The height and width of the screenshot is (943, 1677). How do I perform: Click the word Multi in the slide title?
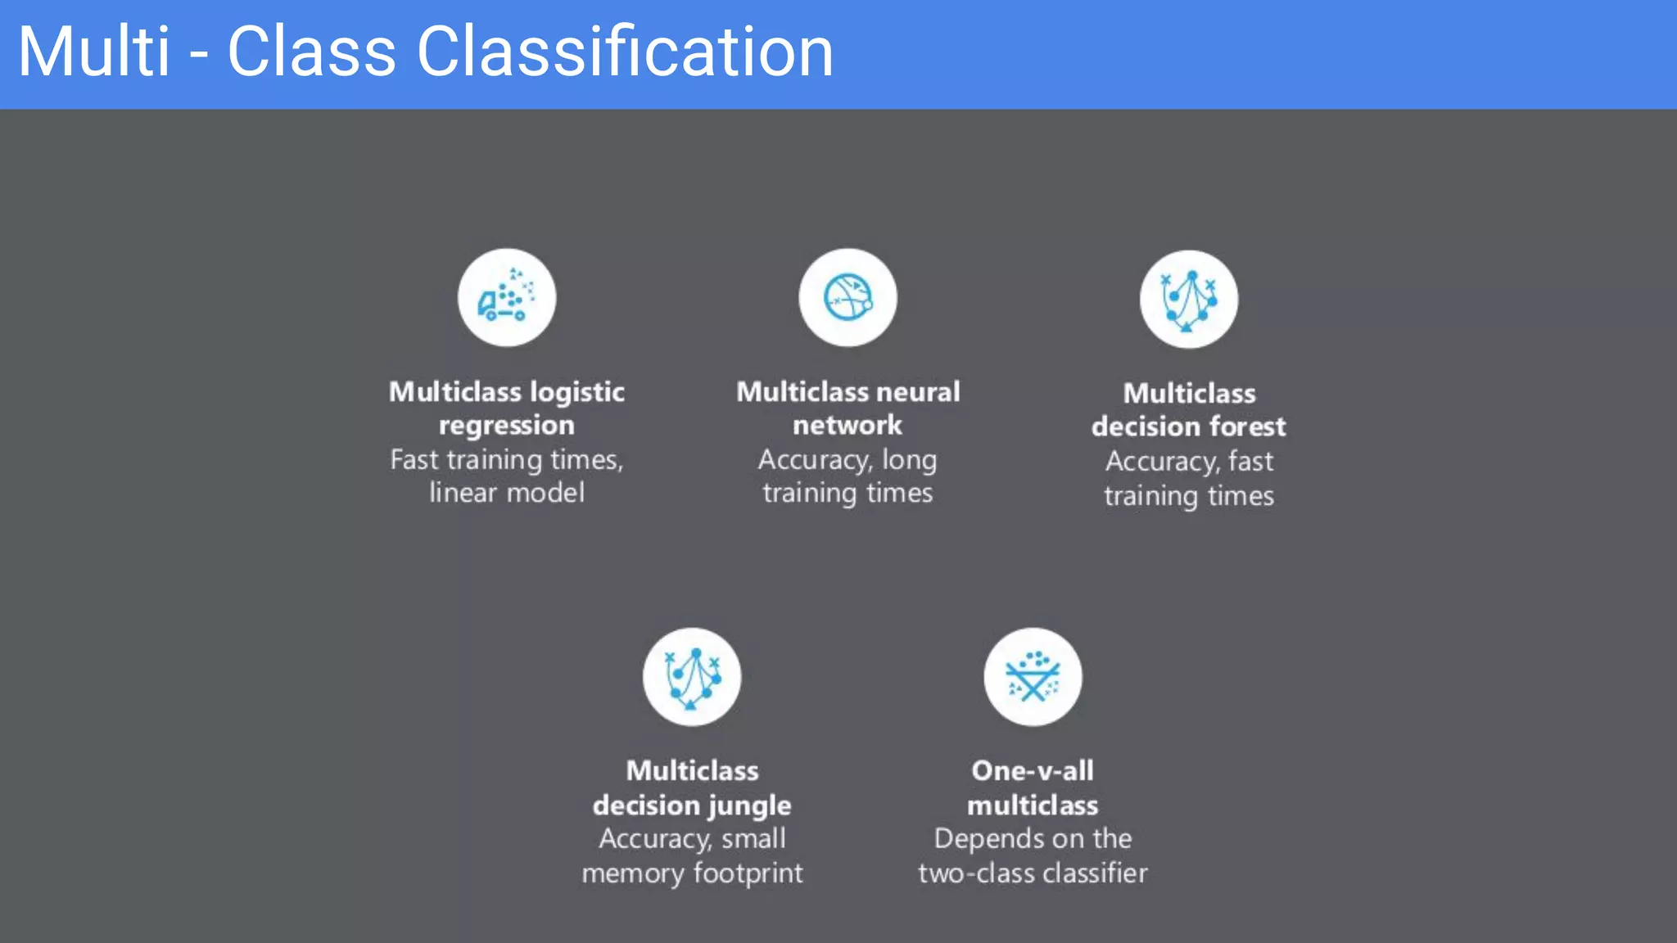click(x=93, y=52)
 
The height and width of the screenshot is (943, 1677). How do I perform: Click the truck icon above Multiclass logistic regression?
click(x=506, y=298)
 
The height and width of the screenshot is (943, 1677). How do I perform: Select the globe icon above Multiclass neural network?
click(x=848, y=298)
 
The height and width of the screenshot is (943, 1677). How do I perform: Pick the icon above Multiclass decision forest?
click(x=1188, y=300)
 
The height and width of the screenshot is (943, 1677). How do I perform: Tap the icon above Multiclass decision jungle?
click(x=692, y=677)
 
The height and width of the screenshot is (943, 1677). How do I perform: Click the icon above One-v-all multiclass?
click(x=1033, y=677)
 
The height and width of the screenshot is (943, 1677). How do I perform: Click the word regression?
click(x=506, y=426)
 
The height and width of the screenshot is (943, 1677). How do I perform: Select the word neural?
click(x=918, y=392)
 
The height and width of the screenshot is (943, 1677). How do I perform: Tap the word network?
click(x=848, y=426)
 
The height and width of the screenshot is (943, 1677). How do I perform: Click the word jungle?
click(x=750, y=806)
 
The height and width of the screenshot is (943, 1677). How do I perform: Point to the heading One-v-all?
click(x=1033, y=771)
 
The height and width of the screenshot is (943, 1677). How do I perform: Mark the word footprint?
click(x=748, y=873)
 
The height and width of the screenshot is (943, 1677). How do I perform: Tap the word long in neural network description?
click(x=909, y=460)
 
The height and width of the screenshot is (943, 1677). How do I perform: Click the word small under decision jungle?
click(x=753, y=839)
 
